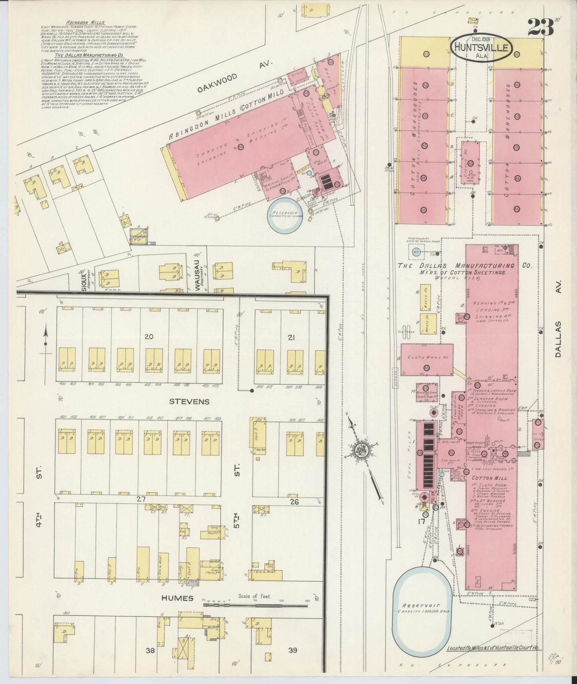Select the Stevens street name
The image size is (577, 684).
[189, 401]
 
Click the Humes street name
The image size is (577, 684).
[177, 598]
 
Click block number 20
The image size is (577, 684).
[149, 337]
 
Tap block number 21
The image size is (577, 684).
[291, 338]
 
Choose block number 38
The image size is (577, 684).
[150, 650]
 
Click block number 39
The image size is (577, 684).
[293, 650]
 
